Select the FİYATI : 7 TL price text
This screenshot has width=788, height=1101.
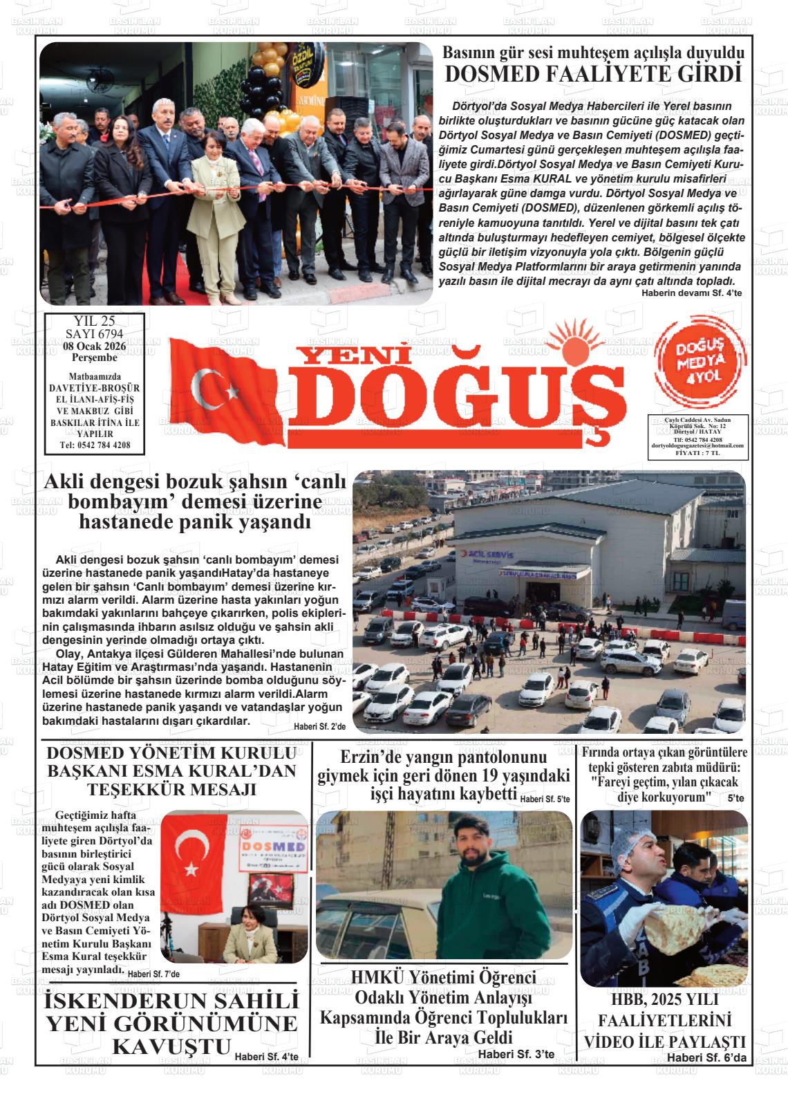[x=697, y=454]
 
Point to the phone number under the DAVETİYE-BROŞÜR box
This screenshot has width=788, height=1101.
[x=95, y=445]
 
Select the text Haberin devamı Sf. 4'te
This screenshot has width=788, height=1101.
[x=691, y=293]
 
